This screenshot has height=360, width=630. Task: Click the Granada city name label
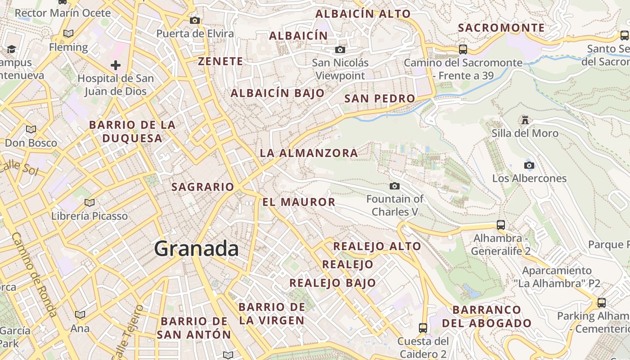(x=196, y=249)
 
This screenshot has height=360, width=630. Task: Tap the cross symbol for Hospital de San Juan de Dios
(x=116, y=66)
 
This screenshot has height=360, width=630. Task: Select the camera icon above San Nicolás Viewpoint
(x=340, y=49)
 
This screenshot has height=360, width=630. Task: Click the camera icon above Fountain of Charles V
(x=395, y=186)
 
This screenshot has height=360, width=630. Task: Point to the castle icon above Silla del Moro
(x=525, y=120)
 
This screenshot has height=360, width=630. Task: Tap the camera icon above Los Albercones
(x=529, y=165)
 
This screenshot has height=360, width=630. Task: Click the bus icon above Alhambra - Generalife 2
(x=501, y=225)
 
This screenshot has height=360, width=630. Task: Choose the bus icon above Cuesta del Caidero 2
(x=423, y=328)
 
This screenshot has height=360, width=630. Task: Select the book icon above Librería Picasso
(x=90, y=203)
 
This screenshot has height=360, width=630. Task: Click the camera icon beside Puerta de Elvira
(x=195, y=20)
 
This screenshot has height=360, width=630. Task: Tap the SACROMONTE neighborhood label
(x=501, y=28)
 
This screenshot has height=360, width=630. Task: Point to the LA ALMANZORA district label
(x=309, y=153)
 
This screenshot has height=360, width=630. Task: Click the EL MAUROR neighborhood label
(x=299, y=202)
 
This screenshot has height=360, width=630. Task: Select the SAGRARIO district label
(x=203, y=187)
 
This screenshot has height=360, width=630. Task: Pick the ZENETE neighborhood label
(x=220, y=62)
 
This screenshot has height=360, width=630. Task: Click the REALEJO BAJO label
(x=333, y=283)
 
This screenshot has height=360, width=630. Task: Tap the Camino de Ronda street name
(x=34, y=274)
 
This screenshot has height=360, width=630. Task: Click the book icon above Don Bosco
(x=31, y=130)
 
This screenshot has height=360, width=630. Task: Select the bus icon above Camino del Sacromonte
(x=463, y=49)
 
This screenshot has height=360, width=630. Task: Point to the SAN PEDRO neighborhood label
(x=379, y=99)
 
